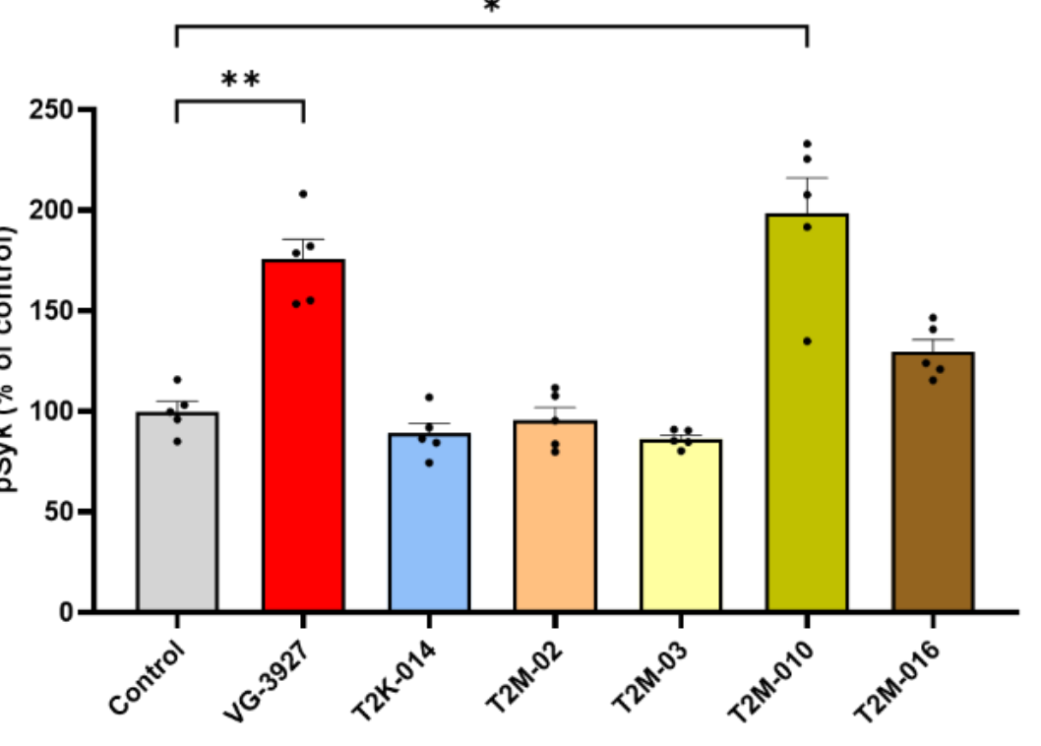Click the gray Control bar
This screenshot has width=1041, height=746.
point(177,512)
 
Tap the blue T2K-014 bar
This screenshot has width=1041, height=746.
point(429,522)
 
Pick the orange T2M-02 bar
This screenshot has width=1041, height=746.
point(555,517)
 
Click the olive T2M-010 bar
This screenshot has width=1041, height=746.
point(807,413)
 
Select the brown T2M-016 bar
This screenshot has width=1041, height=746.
point(933,482)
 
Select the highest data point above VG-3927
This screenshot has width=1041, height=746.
point(303,194)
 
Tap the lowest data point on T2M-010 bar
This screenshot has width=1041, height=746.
point(807,342)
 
